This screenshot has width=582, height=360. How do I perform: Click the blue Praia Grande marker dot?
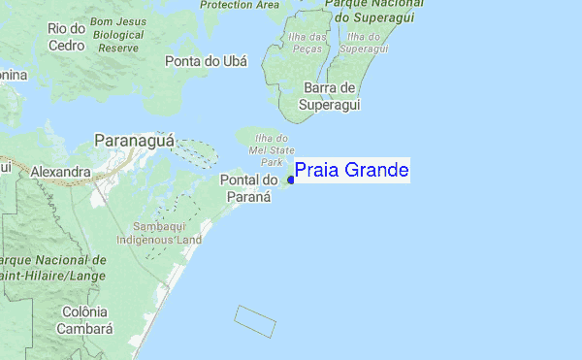pyautogui.click(x=291, y=180)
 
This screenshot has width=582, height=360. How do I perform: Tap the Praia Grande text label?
pyautogui.click(x=351, y=171)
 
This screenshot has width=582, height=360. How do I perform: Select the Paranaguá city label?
pyautogui.click(x=135, y=141)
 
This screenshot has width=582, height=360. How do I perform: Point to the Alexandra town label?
pyautogui.click(x=60, y=172)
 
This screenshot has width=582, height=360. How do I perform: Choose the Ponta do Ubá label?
pyautogui.click(x=206, y=61)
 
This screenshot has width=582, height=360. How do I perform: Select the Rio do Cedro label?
pyautogui.click(x=65, y=36)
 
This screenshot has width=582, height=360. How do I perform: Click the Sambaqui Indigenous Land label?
pyautogui.click(x=158, y=231)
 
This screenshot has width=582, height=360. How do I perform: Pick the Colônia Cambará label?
pyautogui.click(x=83, y=319)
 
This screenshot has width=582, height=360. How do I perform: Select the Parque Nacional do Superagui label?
pyautogui.click(x=365, y=12)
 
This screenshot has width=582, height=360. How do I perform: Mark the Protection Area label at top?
pyautogui.click(x=240, y=5)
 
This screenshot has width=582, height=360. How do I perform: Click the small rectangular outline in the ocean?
pyautogui.click(x=256, y=321)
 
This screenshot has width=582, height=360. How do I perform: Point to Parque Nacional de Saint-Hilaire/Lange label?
pyautogui.click(x=53, y=269)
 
